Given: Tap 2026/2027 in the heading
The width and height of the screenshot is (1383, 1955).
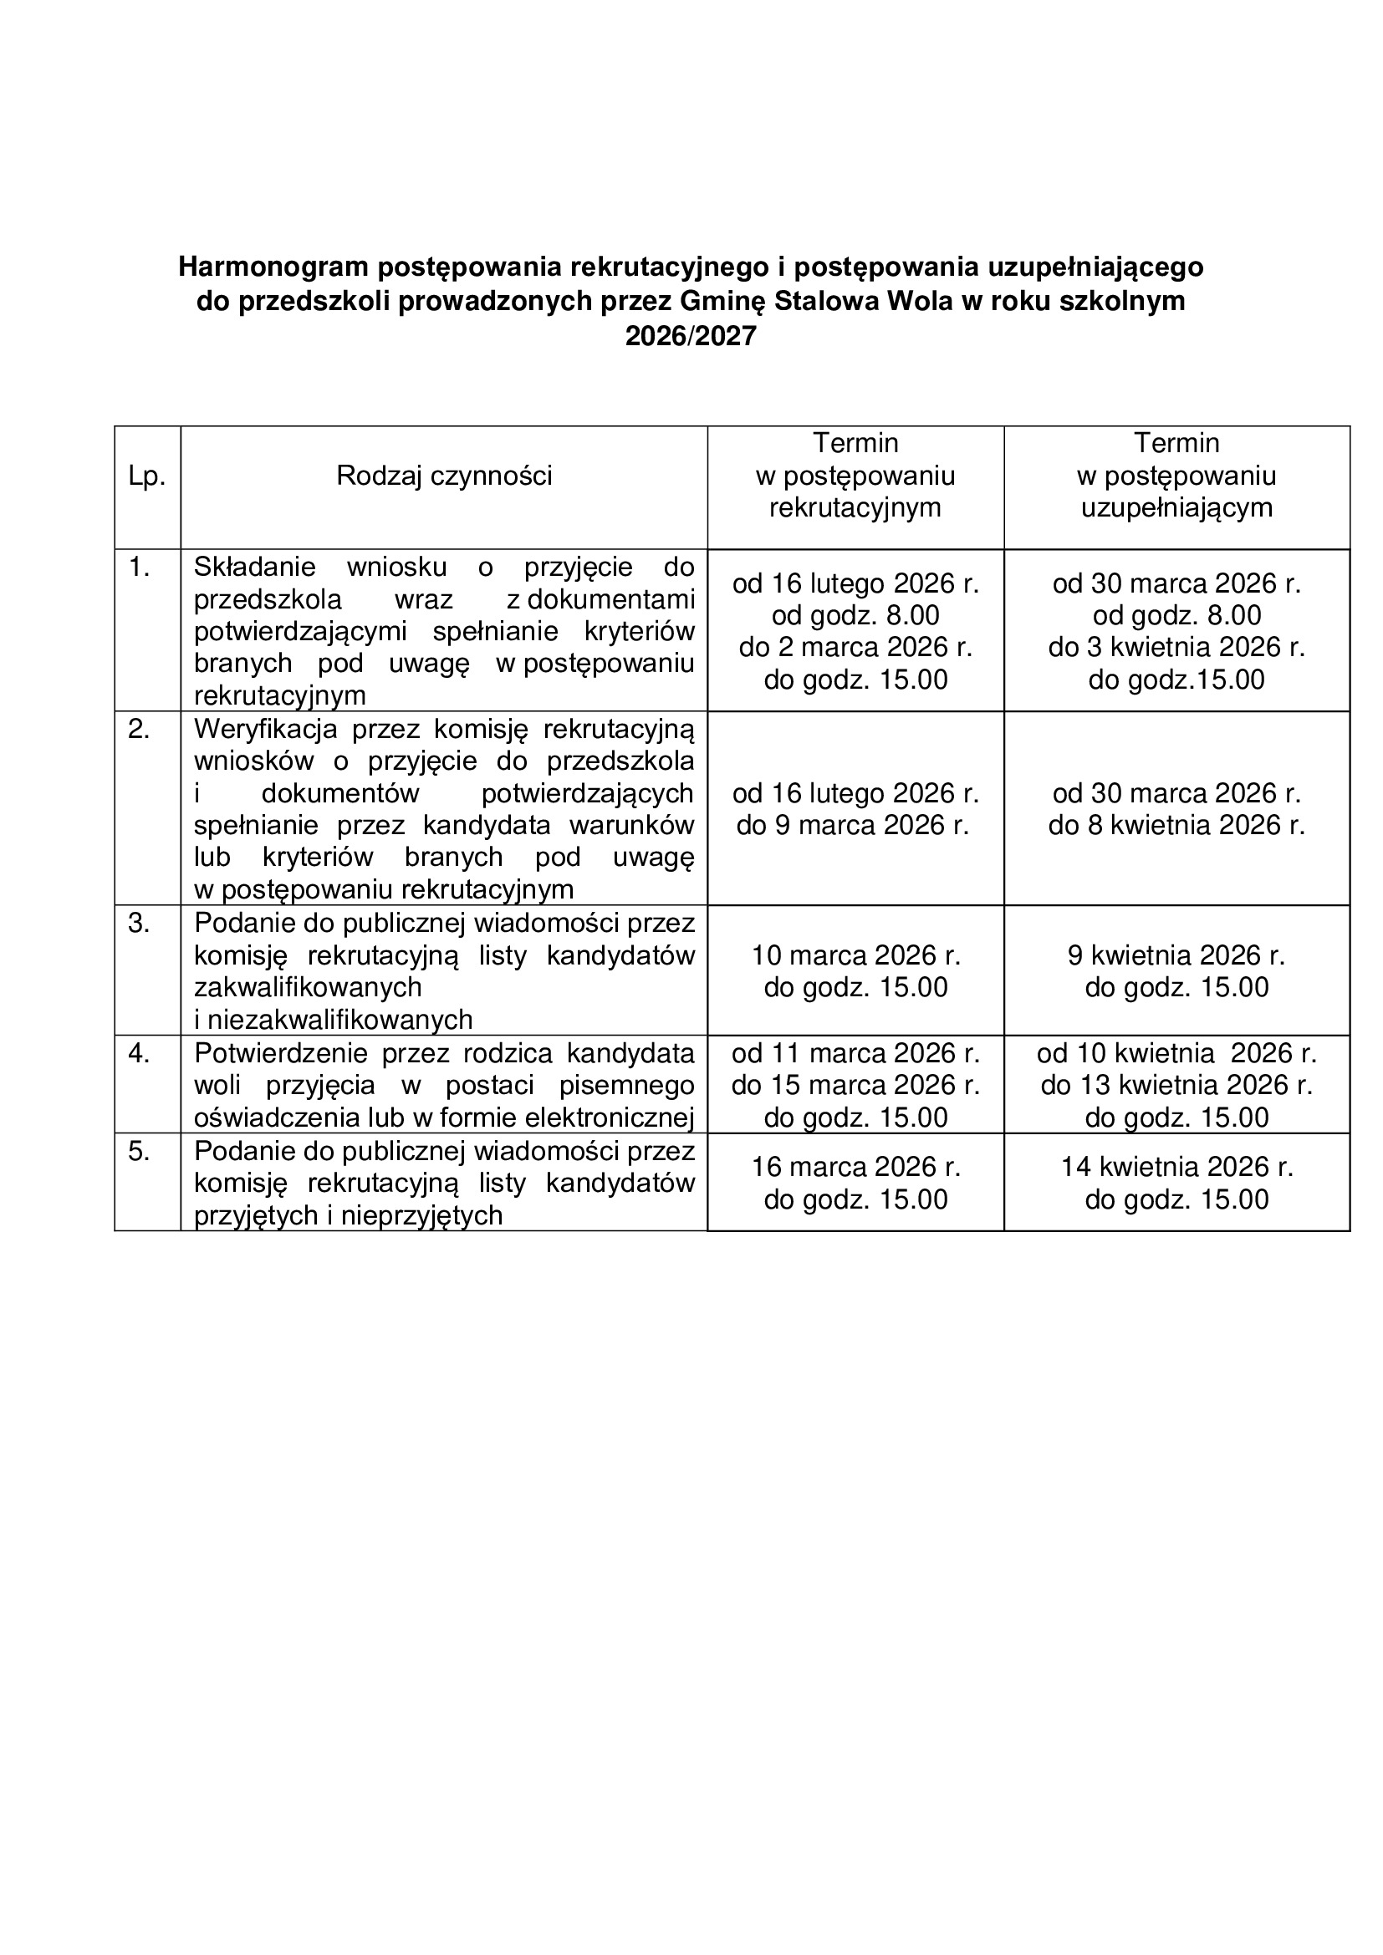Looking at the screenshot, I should (x=691, y=336).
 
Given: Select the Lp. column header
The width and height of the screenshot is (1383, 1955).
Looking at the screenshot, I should (x=146, y=476).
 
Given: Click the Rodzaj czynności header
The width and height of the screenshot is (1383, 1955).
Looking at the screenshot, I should (x=444, y=475).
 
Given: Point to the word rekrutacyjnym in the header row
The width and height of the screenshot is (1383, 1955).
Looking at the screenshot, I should (x=855, y=507).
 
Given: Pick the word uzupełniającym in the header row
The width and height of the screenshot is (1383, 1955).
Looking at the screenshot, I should (x=1176, y=507).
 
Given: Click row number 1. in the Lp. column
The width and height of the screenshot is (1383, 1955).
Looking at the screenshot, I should (x=139, y=566).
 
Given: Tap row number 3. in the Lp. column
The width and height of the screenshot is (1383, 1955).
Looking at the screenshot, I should (x=139, y=923).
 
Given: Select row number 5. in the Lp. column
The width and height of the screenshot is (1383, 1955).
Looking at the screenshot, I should (x=139, y=1151).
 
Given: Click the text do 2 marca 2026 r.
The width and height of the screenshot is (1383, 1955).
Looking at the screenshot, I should (x=855, y=647).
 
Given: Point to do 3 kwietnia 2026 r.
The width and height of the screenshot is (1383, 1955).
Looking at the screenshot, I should (x=1176, y=647).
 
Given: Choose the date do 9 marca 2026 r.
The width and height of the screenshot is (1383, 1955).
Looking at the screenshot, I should (x=852, y=825).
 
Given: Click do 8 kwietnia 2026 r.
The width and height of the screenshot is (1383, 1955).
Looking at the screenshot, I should (x=1176, y=825).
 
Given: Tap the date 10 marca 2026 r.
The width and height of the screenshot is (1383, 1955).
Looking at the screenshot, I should (x=855, y=955).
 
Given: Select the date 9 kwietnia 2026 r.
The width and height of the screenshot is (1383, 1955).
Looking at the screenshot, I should (x=1176, y=955).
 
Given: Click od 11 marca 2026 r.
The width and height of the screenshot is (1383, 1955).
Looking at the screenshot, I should (x=855, y=1053).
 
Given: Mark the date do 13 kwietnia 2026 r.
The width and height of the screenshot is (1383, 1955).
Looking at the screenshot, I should (x=1176, y=1085).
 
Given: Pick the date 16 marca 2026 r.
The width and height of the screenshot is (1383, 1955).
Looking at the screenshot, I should (x=855, y=1167).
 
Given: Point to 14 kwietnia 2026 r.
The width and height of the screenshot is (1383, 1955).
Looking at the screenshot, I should (x=1176, y=1167).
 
